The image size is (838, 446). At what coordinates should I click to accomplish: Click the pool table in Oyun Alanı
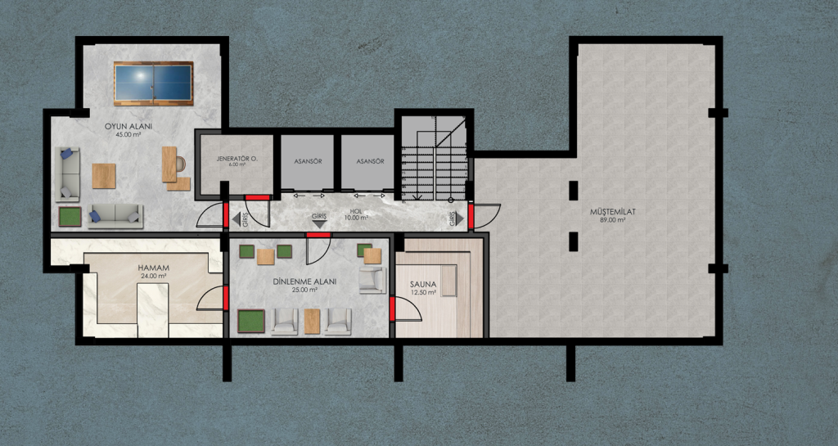pos(153,83)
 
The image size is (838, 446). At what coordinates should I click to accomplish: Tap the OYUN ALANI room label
pos(128,127)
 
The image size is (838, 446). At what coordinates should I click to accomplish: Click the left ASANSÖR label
pos(308,160)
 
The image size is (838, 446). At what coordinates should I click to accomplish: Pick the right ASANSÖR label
pos(371,160)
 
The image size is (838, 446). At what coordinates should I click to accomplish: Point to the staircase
pos(434,158)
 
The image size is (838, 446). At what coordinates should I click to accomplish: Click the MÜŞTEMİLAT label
pos(613,211)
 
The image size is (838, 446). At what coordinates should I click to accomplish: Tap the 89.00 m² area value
pos(613,219)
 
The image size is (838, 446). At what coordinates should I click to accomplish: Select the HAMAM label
pos(153,268)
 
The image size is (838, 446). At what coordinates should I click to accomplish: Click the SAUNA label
pos(423,284)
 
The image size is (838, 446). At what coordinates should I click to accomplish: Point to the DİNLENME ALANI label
pos(304,282)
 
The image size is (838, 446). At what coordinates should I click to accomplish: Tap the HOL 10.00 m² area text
pos(357,214)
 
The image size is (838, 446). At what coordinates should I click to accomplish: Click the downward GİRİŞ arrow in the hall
pos(319,224)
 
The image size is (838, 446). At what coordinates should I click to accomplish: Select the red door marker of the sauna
pos(392,309)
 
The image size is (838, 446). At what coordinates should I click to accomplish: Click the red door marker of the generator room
pos(257,197)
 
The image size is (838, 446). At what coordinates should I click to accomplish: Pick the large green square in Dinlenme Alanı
pos(251,321)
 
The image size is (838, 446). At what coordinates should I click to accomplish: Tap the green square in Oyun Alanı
pos(70,217)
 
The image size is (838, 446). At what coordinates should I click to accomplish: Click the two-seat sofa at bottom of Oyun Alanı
pos(115,216)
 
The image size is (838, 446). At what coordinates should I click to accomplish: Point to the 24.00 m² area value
pos(153,276)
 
